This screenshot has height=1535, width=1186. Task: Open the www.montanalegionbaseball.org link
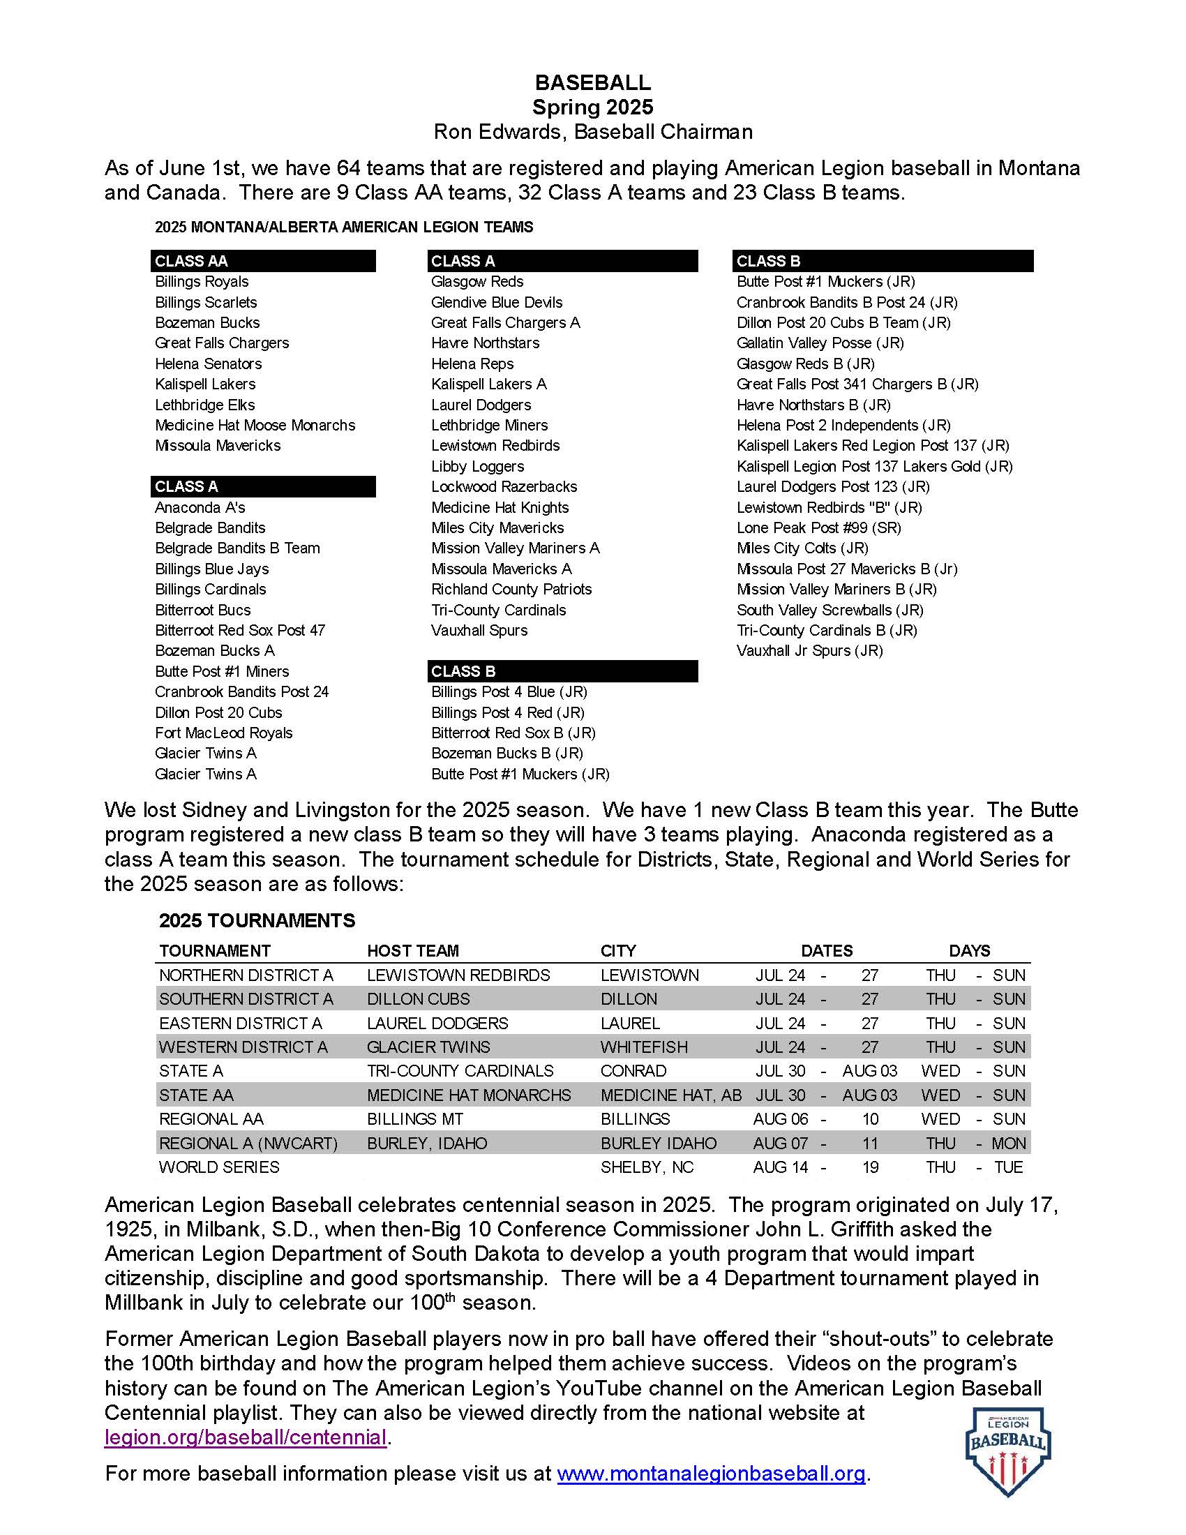click(711, 1473)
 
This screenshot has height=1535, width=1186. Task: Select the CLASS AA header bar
click(263, 261)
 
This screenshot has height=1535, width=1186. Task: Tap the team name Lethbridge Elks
click(204, 405)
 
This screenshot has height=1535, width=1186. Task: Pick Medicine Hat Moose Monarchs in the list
click(255, 425)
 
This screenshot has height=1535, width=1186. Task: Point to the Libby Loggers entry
click(478, 466)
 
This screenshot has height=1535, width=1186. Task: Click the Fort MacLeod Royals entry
click(223, 733)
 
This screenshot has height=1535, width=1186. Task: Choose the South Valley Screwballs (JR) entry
click(830, 610)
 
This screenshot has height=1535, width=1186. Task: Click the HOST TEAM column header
click(412, 951)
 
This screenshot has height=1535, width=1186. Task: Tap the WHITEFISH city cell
click(644, 1047)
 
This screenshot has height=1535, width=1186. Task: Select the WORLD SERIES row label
click(219, 1167)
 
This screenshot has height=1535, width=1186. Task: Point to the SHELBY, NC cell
click(647, 1167)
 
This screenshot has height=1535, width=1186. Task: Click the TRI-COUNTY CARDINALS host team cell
click(460, 1071)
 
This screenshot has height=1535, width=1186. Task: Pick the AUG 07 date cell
click(780, 1144)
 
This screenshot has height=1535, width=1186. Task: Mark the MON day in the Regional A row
click(1008, 1144)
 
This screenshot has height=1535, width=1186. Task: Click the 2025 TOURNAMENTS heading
click(257, 921)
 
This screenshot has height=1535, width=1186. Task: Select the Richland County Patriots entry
click(511, 589)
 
